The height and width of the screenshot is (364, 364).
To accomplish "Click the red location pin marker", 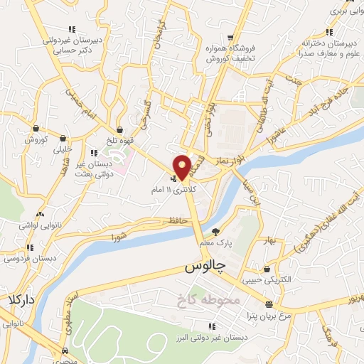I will pos(183,166).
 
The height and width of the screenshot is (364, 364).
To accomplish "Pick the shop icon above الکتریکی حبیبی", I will pos(267,270).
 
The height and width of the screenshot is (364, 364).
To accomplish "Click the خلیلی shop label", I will pos(63,149).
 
